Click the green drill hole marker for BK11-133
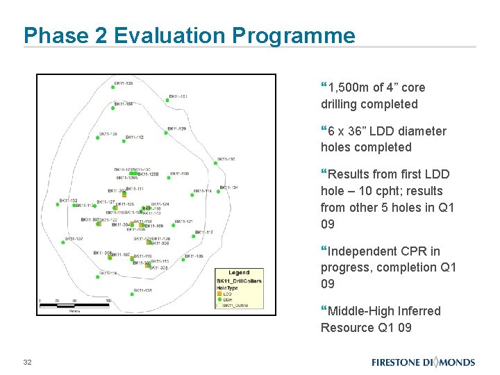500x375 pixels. tap(114, 87)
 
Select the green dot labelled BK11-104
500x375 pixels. tap(113, 108)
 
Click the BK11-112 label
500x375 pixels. tap(135, 137)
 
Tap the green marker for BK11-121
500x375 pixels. tap(172, 224)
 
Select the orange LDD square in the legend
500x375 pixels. tap(219, 293)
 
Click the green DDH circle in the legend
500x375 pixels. tap(219, 299)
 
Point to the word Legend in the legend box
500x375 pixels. tap(239, 273)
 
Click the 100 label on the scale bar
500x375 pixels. tap(108, 301)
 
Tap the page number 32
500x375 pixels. tap(28, 362)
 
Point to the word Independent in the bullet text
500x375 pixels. tap(360, 251)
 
